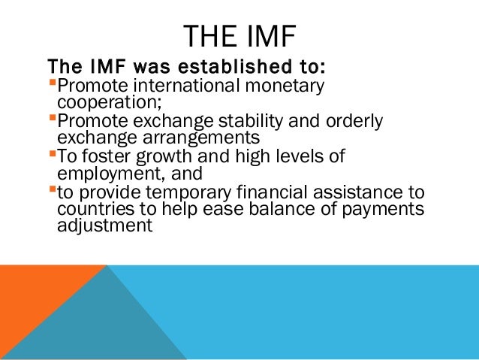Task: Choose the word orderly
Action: (x=355, y=122)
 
